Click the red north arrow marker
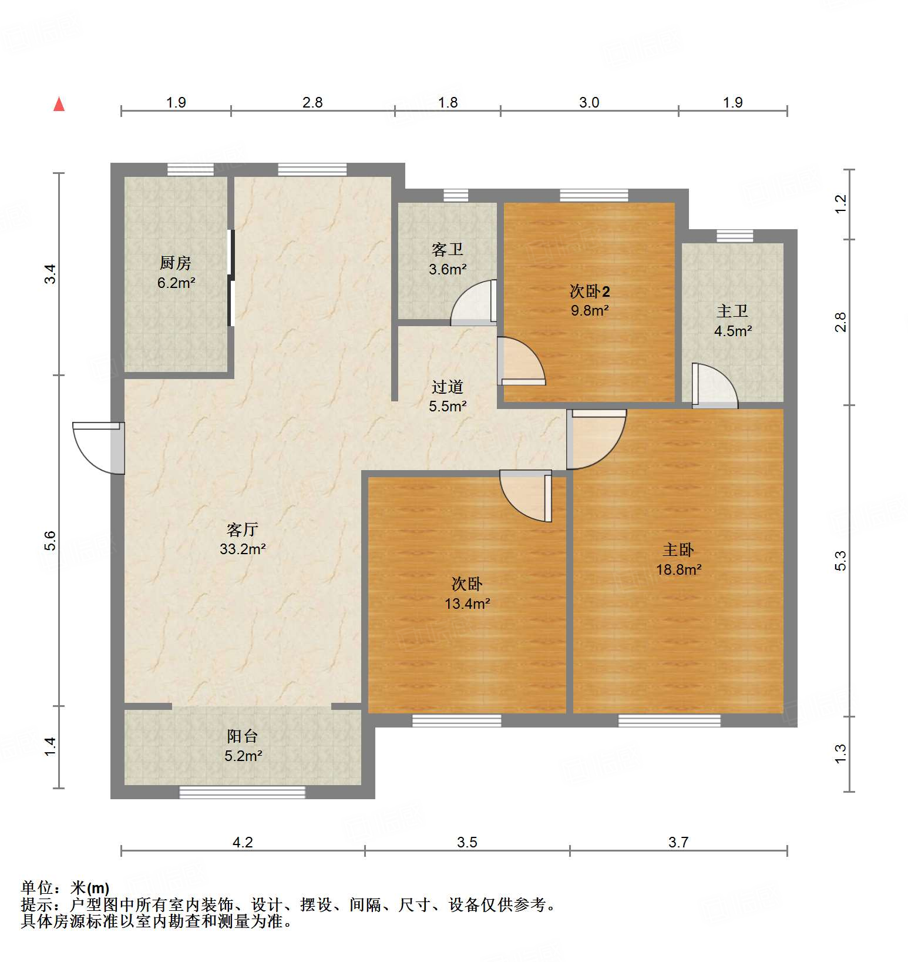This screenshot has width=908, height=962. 59,104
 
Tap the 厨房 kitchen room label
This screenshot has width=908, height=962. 176,263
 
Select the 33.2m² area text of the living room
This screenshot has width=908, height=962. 243,549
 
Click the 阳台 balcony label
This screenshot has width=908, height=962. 243,736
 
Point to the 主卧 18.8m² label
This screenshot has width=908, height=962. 678,559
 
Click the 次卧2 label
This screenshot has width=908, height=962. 590,291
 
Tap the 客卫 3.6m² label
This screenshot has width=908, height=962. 448,259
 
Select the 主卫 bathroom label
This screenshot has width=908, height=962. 732,311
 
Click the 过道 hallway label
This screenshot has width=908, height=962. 448,387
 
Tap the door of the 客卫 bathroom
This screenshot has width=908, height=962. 473,303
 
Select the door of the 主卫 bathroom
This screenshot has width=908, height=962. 715,386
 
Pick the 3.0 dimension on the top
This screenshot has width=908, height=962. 589,102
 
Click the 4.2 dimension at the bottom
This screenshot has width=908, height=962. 243,842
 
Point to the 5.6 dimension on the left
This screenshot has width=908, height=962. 51,541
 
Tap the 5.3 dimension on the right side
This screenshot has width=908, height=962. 840,561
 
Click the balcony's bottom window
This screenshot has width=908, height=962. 242,792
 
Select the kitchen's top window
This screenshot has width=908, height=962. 190,169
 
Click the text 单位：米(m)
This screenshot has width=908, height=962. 65,888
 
